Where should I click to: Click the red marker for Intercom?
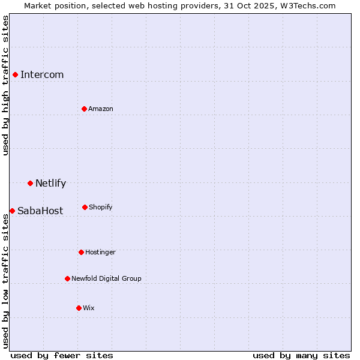point(15,74)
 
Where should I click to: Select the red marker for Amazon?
point(84,109)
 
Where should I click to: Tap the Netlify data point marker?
point(30,183)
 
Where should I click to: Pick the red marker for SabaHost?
point(12,211)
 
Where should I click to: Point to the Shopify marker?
point(85,207)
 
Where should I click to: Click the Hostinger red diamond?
point(81,252)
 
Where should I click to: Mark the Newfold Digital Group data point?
point(67,278)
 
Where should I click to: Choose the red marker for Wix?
point(79,308)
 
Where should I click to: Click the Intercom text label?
point(42,74)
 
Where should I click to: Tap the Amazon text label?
point(101,109)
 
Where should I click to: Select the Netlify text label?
point(50,183)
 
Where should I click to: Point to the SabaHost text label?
point(40,211)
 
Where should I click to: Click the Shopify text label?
point(101,207)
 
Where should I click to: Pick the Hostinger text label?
point(100,252)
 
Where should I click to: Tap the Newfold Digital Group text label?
point(106,278)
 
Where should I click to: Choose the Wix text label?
point(89,308)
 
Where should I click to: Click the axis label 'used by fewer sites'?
point(62,355)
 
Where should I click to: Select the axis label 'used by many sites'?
point(301,355)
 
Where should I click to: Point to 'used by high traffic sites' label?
point(5,85)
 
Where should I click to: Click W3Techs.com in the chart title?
point(305,5)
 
